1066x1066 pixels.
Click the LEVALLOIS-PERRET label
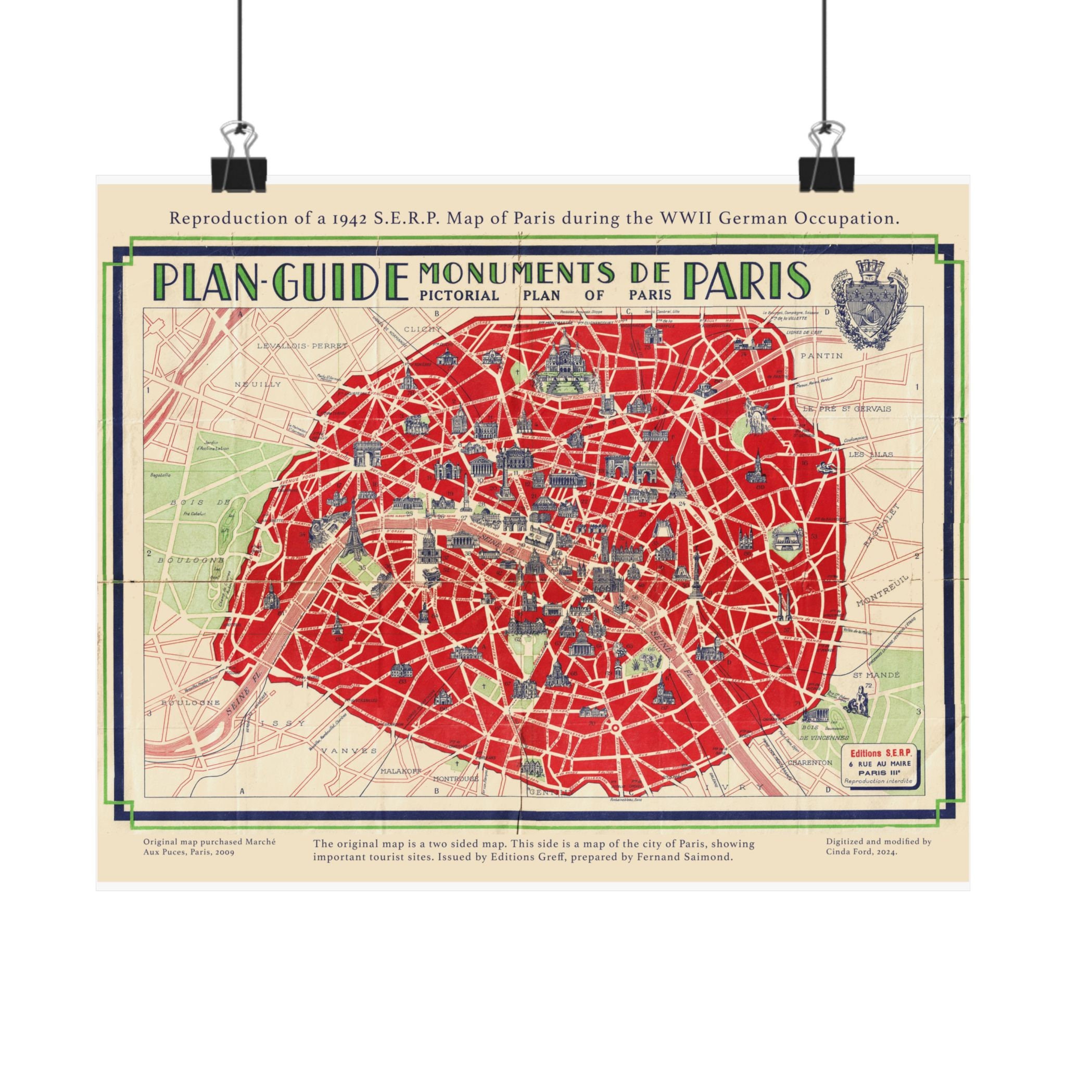[302, 346]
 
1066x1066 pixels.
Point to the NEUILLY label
[258, 384]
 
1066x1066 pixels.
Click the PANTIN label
[822, 356]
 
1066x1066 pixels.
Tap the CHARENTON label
[809, 762]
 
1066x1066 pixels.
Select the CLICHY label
[423, 329]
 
